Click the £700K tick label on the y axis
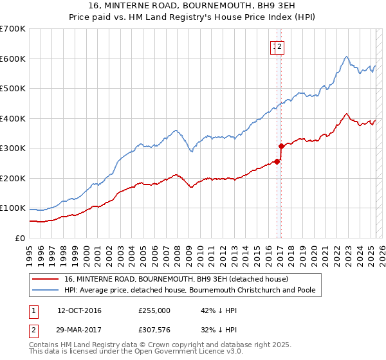13,29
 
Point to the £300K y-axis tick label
13,148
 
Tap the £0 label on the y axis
20,239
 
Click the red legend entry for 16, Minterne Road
176,279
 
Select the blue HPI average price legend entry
190,290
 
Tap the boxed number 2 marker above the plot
281,46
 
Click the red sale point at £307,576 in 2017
281,146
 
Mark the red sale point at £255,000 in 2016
277,161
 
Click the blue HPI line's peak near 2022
346,57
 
